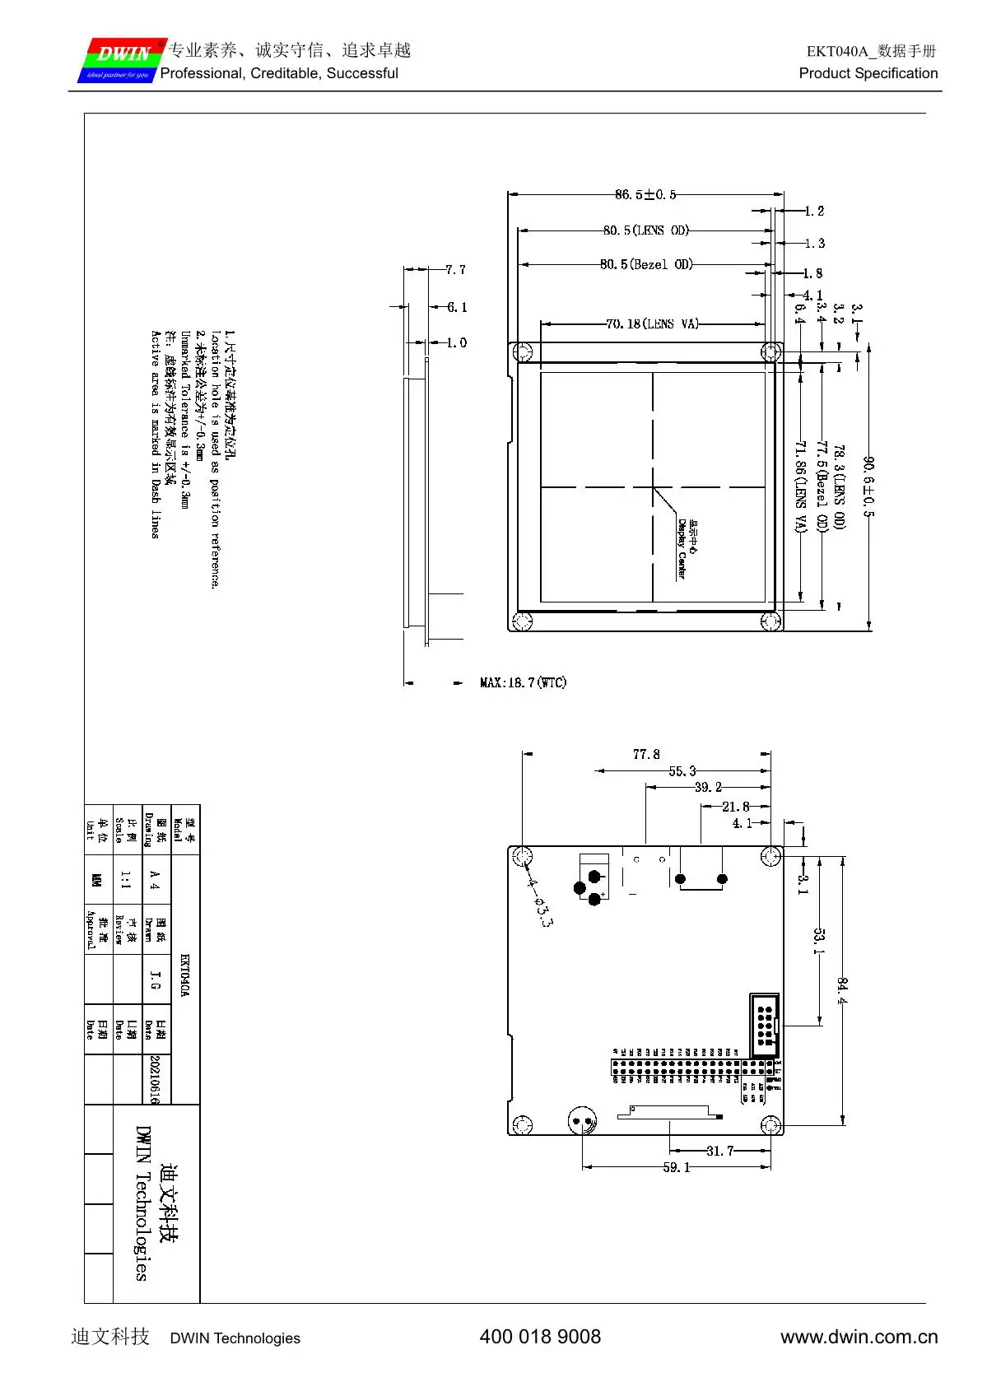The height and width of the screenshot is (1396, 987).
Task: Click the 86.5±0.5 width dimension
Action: tap(645, 195)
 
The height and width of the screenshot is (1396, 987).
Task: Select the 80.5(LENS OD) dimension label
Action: tap(645, 230)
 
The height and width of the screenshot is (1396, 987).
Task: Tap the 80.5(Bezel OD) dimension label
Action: tap(646, 264)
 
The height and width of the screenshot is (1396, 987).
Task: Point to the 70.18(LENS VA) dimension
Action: tap(652, 324)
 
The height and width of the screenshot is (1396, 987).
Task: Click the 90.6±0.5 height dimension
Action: tap(868, 487)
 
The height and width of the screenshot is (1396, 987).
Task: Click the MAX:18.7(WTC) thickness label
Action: tap(523, 682)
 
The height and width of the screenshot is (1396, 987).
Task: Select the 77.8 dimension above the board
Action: tap(646, 754)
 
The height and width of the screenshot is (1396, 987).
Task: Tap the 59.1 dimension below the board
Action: tap(677, 1167)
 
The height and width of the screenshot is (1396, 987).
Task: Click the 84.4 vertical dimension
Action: tap(842, 991)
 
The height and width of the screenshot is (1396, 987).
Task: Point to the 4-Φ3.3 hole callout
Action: tap(539, 902)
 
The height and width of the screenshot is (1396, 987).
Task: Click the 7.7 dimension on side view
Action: tap(455, 270)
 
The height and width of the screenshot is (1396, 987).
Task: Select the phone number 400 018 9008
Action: tap(540, 1337)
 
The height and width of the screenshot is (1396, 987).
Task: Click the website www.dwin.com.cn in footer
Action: tap(859, 1337)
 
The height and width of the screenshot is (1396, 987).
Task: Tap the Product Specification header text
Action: tap(868, 73)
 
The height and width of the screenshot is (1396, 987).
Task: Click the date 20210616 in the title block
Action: tap(154, 1079)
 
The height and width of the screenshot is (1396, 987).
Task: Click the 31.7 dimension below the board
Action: tap(719, 1151)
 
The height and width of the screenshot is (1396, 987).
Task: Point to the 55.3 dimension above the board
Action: tap(682, 771)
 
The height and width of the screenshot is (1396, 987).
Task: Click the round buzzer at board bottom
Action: tap(583, 1120)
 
